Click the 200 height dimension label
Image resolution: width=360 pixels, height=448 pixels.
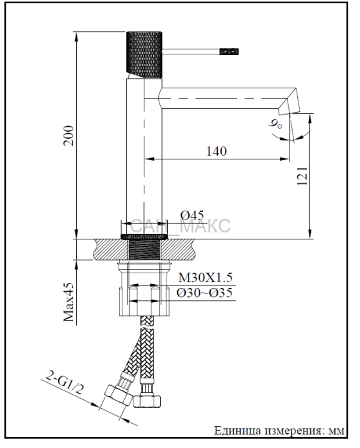pos(69,136)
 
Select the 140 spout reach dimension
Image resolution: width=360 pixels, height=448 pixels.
pos(217,151)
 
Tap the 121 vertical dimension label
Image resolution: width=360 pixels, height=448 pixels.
pos(302,176)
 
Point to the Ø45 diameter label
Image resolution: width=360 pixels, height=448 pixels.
pos(192,215)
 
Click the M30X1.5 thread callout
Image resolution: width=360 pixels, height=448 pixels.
pos(206,277)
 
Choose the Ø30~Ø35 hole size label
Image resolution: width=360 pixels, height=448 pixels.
pos(204,293)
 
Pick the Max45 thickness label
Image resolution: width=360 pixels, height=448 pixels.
pos(69,302)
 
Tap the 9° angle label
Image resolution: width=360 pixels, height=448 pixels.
pos(275,124)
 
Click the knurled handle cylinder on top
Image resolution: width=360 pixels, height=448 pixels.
pos(144,54)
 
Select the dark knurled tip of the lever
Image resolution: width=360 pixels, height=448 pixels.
pos(229,51)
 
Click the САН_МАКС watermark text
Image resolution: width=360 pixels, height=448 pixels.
pos(180,226)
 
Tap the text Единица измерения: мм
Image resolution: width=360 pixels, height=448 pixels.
pos(279,431)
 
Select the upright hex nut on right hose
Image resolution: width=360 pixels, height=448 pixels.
pos(147,401)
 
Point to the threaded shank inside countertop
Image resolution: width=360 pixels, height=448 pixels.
pos(144,250)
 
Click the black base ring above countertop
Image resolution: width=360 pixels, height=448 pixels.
pos(144,237)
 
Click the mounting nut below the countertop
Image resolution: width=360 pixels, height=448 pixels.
pos(144,289)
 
